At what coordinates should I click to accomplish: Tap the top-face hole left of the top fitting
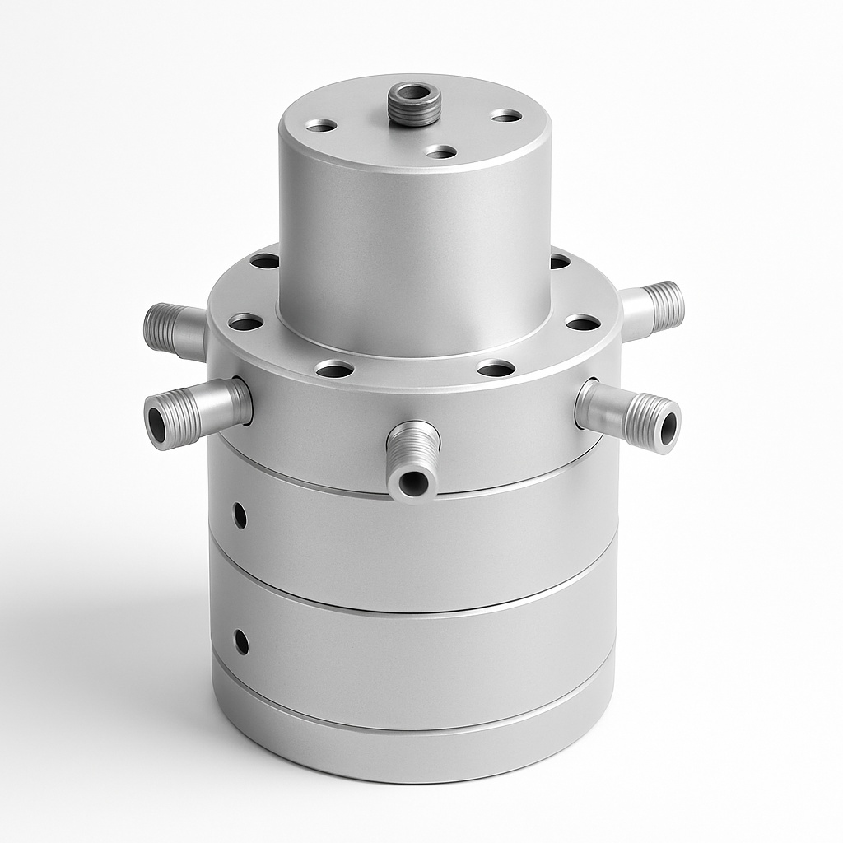(320, 125)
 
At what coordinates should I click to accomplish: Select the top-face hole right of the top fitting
(506, 116)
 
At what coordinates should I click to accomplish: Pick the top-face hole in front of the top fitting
(441, 151)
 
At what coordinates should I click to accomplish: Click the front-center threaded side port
(412, 461)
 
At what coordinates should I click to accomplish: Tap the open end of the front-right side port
(667, 426)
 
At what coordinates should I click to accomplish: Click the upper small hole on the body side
(240, 515)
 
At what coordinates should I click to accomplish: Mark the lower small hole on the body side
(240, 641)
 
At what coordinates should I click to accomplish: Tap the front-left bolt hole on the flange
(334, 369)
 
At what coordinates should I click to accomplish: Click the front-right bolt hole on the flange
(496, 368)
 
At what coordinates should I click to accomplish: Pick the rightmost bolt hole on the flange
(583, 322)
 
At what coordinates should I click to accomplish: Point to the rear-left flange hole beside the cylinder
(264, 261)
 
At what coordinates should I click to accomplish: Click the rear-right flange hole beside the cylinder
(560, 261)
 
